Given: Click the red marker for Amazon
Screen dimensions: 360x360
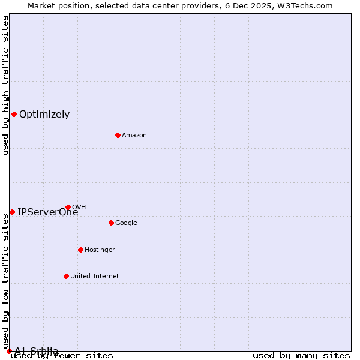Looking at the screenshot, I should click(x=118, y=135).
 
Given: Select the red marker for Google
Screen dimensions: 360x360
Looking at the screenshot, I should click(x=111, y=223).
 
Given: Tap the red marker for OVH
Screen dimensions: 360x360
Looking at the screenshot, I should click(x=68, y=208).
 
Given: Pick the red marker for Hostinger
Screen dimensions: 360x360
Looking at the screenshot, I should click(x=80, y=250).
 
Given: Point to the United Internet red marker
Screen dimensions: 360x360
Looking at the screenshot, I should click(x=66, y=276).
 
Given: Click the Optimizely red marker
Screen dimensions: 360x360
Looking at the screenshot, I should click(x=14, y=114).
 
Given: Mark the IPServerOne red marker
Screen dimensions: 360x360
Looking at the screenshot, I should click(x=12, y=212).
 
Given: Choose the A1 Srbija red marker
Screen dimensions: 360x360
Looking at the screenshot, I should click(x=9, y=351).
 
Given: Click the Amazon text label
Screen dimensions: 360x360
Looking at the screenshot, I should click(x=134, y=136).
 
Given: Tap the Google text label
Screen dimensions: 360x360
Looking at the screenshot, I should click(x=126, y=223).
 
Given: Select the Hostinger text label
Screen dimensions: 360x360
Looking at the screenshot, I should click(x=100, y=250).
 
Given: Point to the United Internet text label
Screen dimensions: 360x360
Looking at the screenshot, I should click(x=95, y=277).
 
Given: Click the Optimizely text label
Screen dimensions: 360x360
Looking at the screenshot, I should click(x=44, y=115).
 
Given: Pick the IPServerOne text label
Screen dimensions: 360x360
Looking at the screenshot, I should click(x=47, y=212).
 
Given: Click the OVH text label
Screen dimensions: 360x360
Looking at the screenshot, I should click(x=79, y=208).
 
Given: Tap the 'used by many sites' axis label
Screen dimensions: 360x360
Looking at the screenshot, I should click(x=301, y=355).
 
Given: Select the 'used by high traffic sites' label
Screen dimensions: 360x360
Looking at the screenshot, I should click(x=6, y=85).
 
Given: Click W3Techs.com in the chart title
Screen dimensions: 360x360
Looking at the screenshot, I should click(x=308, y=6).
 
